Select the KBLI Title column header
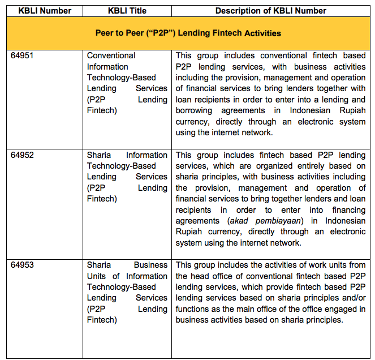click(x=127, y=11)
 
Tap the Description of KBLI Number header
click(x=270, y=11)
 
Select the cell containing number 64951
click(x=23, y=55)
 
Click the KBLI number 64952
click(x=23, y=155)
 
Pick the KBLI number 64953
click(x=23, y=265)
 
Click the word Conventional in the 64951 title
click(x=111, y=55)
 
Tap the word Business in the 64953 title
click(x=150, y=265)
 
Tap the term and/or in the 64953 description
click(x=354, y=298)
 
